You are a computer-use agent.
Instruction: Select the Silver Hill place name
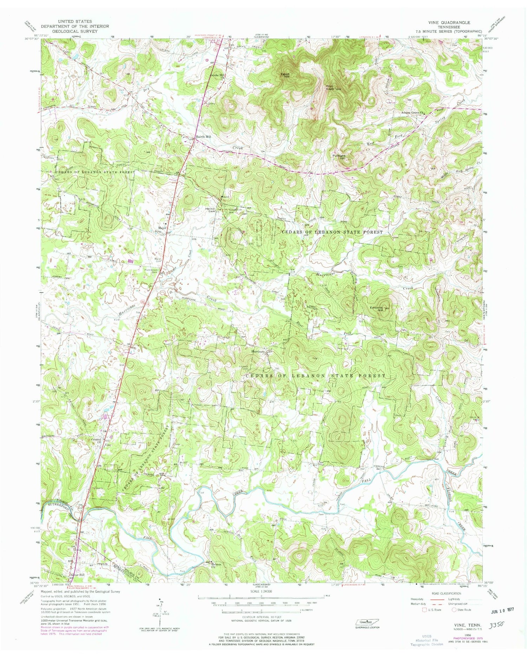coord(77,575)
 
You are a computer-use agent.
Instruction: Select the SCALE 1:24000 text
coord(261,592)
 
